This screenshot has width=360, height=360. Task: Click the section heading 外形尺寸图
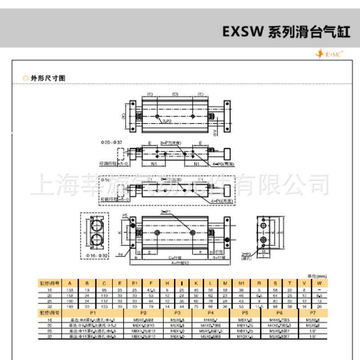tap(48, 78)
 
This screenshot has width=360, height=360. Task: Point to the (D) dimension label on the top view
tap(175, 94)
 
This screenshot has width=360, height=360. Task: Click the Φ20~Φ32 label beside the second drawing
tap(111, 142)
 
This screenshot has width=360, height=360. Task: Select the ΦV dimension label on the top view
tap(215, 131)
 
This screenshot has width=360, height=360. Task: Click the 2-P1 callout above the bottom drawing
tap(166, 211)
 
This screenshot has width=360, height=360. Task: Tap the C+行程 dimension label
tap(169, 258)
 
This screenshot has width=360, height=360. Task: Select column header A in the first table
tap(70, 283)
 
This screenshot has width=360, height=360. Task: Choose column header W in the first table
tap(319, 283)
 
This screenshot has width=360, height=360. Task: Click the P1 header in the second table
tap(93, 311)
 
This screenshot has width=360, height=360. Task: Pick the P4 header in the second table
tap(210, 311)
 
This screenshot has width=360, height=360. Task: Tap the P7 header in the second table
tap(313, 311)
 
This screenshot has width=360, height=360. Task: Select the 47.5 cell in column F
tap(151, 291)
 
